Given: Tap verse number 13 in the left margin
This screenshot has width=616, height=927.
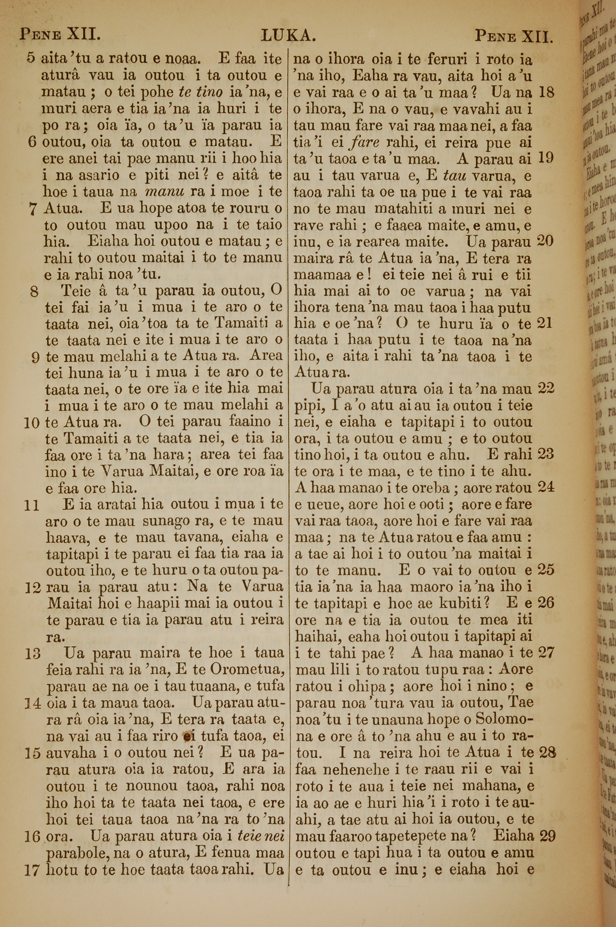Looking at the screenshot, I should click(x=32, y=654).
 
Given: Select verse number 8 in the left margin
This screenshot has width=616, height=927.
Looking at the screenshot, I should click(x=34, y=291).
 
